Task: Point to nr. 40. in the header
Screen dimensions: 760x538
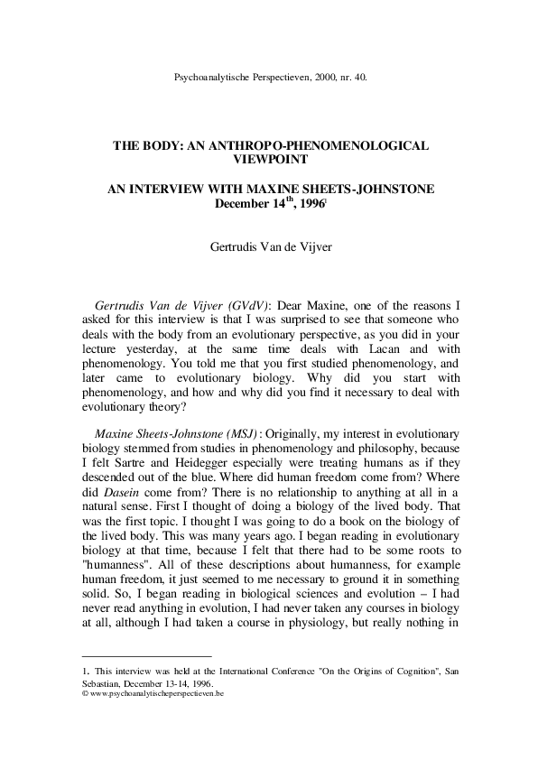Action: (349, 79)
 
